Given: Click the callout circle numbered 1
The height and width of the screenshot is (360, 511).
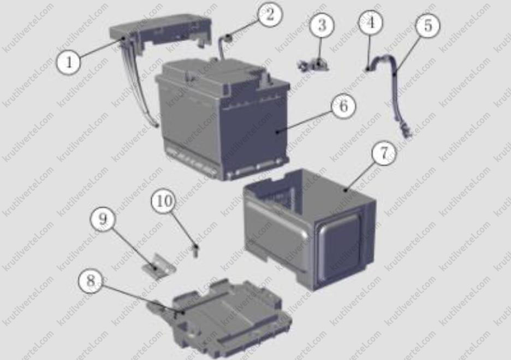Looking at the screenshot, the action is (69, 61).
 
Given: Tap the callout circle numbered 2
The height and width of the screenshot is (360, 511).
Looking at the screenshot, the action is (270, 15).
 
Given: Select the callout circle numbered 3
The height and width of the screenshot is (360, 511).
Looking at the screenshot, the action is (322, 25).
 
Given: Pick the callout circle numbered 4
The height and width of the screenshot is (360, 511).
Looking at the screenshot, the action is (371, 22).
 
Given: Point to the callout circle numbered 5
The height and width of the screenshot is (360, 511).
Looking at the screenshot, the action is (427, 25).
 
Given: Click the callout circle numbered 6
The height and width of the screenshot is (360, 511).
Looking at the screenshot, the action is (344, 106).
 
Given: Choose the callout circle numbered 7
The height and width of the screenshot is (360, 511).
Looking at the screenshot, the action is (384, 153).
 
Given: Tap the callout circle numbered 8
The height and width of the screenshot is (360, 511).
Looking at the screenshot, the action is (91, 280).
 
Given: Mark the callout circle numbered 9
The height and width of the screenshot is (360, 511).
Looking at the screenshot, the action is (103, 219).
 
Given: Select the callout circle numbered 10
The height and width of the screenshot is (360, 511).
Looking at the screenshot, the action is (164, 201).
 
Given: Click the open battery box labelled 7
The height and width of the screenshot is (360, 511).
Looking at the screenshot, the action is (310, 228).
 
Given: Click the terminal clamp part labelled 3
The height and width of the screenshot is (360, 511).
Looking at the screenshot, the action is (313, 64).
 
